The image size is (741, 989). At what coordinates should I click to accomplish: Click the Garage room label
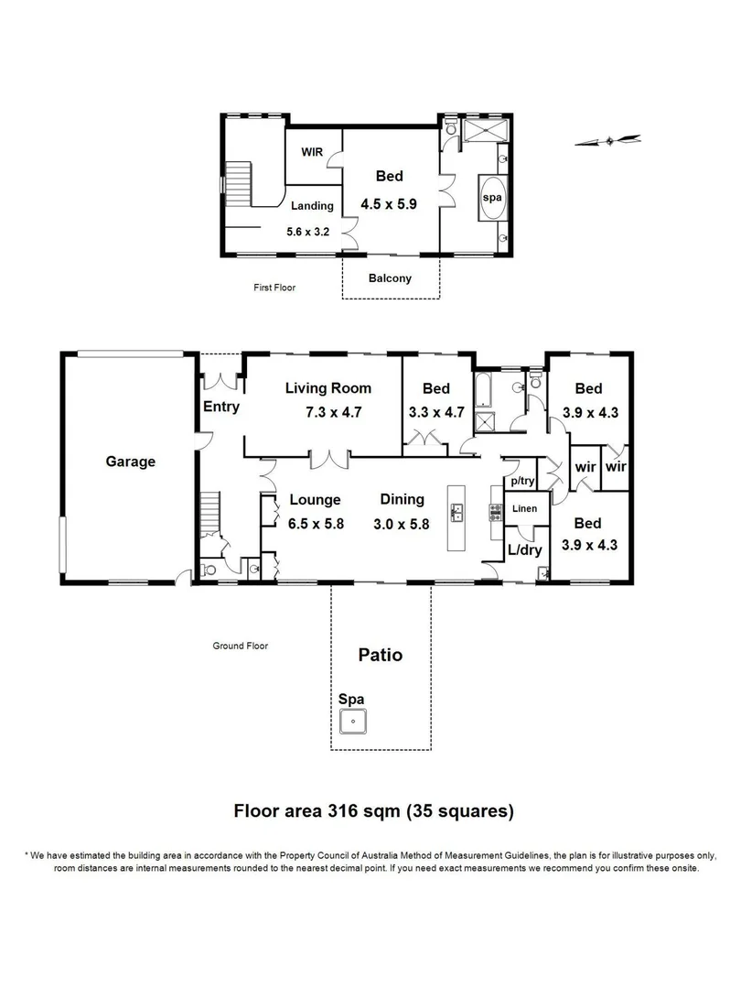(130, 462)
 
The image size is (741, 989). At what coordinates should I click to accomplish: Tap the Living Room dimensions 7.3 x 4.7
(334, 412)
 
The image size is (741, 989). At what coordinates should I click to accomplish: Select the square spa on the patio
(352, 723)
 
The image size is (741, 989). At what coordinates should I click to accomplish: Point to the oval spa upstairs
(492, 199)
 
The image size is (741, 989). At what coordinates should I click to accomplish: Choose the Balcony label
(391, 278)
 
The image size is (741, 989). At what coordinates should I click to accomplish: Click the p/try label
(522, 481)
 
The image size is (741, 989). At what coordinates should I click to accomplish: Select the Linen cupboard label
(524, 508)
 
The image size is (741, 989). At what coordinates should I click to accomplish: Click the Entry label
(221, 407)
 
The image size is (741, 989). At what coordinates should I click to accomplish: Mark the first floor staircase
(238, 185)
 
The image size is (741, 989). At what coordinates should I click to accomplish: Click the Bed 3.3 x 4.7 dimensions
(436, 412)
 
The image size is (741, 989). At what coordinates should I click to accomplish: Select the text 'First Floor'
(274, 288)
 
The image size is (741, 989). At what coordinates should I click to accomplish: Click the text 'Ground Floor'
(240, 646)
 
